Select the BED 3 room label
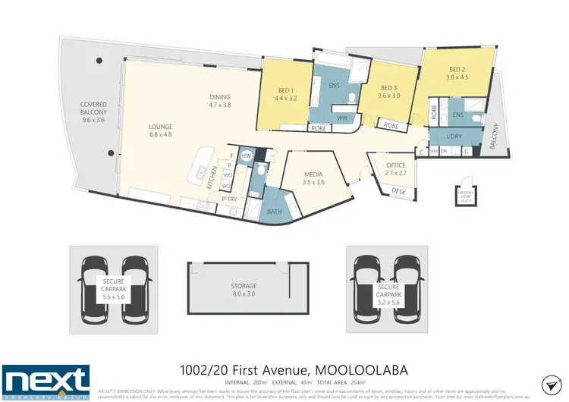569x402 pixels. click(389, 91)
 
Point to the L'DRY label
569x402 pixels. click(455, 136)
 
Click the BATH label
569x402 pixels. click(274, 212)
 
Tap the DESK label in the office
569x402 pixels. click(398, 191)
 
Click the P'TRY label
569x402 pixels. click(229, 199)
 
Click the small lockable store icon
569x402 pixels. click(463, 195)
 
